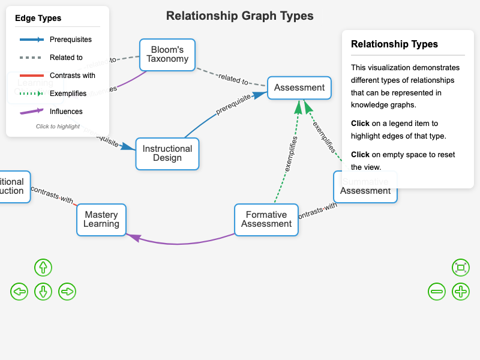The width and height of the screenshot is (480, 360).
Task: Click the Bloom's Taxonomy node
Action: click(x=167, y=55)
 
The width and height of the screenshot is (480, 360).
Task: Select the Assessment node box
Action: click(x=299, y=88)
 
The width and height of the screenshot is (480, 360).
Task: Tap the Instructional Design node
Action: click(x=167, y=154)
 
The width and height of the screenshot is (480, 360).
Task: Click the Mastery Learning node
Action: click(x=101, y=220)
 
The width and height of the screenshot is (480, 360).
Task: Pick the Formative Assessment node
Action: click(x=266, y=220)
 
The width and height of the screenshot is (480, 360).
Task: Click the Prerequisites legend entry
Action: click(x=57, y=40)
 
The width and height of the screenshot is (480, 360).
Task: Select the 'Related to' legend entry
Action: click(x=57, y=58)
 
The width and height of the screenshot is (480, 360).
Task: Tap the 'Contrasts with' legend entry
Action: click(x=57, y=76)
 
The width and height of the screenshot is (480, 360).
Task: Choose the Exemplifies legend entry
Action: click(x=57, y=94)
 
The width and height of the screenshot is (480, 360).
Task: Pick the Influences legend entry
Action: click(x=57, y=112)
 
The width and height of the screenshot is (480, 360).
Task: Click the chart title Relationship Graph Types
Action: click(x=239, y=16)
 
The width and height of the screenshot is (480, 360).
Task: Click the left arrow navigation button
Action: click(x=19, y=292)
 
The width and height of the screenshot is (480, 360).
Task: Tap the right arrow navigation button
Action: click(x=67, y=292)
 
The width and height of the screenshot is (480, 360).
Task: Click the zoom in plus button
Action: click(x=461, y=292)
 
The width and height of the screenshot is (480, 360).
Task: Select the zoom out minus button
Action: click(x=437, y=292)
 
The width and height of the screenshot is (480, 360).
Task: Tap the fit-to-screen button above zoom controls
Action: click(x=461, y=268)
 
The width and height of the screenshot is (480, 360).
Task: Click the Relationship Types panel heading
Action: click(x=394, y=44)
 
